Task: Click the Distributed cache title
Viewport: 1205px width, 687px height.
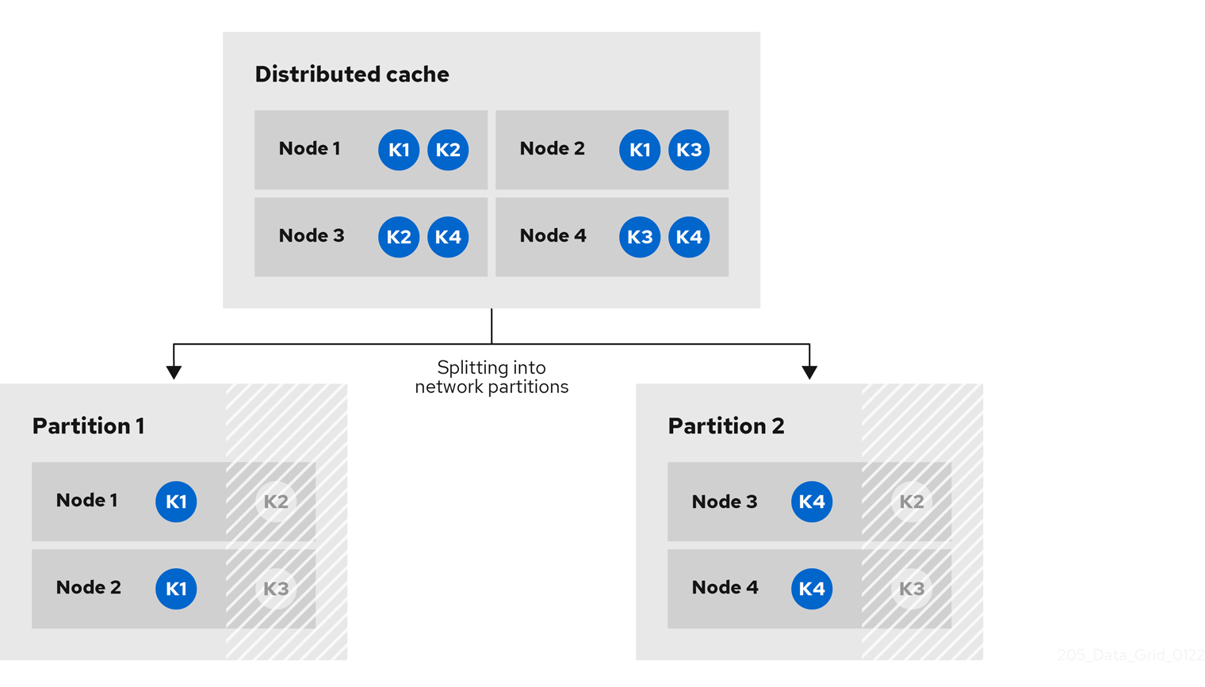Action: [351, 74]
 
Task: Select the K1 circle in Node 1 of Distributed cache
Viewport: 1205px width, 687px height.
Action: [399, 150]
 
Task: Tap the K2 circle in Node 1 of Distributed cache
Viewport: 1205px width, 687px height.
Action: [448, 150]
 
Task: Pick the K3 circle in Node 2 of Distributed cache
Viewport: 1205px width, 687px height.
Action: [689, 150]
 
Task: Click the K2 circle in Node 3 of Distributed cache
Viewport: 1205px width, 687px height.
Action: [399, 237]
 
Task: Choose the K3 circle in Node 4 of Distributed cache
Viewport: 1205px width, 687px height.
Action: [640, 237]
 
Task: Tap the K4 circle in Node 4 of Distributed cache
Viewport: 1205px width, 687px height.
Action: [689, 237]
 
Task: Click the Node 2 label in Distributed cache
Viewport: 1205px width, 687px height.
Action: [552, 149]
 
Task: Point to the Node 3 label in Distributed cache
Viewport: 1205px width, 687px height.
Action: [311, 236]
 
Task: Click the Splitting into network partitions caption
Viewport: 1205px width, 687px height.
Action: [492, 377]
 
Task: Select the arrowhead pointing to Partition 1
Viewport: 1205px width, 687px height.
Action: [174, 372]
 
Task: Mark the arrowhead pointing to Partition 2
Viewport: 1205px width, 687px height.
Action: [809, 372]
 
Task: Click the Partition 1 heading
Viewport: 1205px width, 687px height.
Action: [88, 426]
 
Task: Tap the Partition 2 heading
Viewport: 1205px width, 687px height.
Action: [725, 426]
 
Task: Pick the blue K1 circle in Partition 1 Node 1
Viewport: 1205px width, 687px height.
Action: [176, 502]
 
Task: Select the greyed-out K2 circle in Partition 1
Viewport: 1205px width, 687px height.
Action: [276, 502]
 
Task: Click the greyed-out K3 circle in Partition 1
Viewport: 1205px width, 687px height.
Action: [276, 589]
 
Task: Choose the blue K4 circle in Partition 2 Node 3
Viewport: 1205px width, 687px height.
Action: [812, 502]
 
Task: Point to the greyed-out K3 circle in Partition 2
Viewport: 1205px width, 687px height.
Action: [912, 589]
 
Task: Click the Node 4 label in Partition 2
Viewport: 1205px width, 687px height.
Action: [725, 588]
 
